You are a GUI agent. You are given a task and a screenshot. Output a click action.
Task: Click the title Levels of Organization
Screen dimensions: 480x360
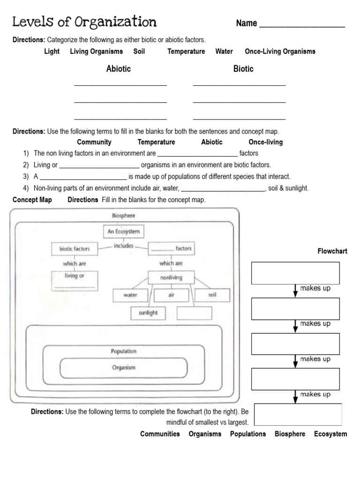coord(84,22)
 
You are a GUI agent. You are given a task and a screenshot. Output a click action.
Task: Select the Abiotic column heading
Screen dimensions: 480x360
coord(119,69)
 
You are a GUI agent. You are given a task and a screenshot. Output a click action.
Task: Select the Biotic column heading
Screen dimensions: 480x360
coord(243,69)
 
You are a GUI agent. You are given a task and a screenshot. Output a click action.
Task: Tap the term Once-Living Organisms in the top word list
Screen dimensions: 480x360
coord(280,52)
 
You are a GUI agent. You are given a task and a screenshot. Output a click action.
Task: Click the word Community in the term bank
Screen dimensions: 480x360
coord(94,142)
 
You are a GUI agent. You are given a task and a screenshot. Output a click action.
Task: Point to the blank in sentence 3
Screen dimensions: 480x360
coord(83,177)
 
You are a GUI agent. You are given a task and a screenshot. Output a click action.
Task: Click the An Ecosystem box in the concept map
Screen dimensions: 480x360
coord(123,232)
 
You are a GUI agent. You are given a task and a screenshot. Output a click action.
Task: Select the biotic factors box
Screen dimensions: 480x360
coord(75,249)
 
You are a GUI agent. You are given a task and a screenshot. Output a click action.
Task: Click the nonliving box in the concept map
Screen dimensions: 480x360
coord(171,277)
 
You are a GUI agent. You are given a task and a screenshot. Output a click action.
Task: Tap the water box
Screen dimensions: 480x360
coord(130,295)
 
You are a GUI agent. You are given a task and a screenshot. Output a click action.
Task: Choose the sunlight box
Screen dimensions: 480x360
coord(148,313)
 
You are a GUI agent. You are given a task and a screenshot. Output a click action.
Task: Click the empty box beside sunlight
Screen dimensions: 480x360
coord(195,313)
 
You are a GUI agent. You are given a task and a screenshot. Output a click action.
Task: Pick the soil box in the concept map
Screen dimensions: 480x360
coord(212,295)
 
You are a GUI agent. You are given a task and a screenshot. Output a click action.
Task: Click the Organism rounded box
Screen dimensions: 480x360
coord(124,368)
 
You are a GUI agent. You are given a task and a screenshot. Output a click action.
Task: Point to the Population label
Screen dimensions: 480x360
coord(124,351)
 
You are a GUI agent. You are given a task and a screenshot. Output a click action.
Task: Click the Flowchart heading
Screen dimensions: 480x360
coord(332,251)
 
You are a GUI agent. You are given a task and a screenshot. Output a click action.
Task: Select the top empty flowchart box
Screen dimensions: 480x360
coord(295,273)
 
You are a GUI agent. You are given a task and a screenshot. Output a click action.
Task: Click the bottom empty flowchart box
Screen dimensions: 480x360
coord(298,414)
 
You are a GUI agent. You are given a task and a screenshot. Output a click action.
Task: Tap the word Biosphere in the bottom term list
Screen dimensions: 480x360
coord(290,434)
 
